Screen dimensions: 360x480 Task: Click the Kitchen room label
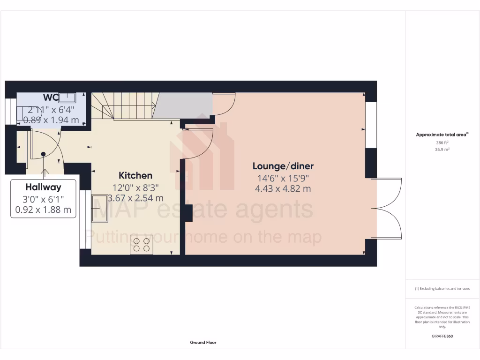tap(135, 176)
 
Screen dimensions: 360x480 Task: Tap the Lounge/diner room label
tap(283, 166)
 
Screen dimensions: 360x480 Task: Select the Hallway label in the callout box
tap(43, 187)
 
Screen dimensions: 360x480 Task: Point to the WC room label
tap(50, 97)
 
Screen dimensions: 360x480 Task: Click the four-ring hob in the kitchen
tap(142, 245)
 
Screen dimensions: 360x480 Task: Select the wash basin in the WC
tap(67, 97)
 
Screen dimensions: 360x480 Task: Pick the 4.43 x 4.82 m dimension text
tap(283, 189)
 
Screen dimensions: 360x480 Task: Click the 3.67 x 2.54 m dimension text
tap(135, 198)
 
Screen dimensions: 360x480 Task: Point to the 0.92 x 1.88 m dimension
tap(43, 210)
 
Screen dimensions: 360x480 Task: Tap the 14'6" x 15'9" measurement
tap(283, 178)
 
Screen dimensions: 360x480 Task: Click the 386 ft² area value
tap(442, 142)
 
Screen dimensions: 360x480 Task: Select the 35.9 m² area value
tap(442, 149)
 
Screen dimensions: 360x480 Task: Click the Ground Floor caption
tap(203, 343)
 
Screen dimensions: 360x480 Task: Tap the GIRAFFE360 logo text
tap(442, 336)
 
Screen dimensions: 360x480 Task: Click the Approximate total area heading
tap(442, 135)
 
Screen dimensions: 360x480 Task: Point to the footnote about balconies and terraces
tap(442, 289)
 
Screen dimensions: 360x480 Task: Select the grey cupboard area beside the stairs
tap(183, 104)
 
